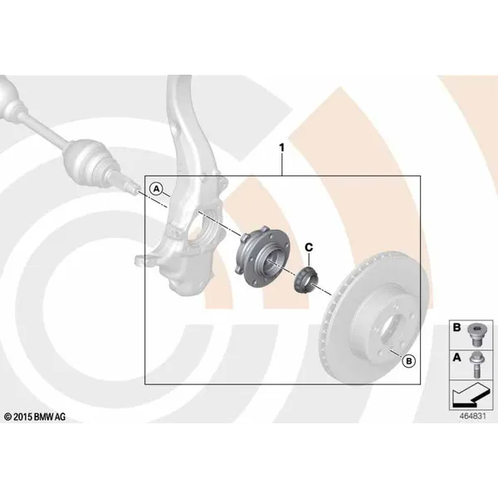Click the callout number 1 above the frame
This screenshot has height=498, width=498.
[281, 148]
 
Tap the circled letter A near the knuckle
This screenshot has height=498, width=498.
[156, 189]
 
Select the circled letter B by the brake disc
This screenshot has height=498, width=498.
[408, 361]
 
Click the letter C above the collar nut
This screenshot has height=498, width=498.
[309, 247]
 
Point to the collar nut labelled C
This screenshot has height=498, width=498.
[305, 281]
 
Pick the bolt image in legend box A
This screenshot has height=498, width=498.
[476, 364]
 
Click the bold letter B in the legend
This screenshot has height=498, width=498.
[456, 327]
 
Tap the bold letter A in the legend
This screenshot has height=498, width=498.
[456, 357]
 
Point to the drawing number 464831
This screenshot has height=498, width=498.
[472, 416]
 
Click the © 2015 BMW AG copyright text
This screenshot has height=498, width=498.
[35, 417]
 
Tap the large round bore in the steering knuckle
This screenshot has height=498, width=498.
[201, 229]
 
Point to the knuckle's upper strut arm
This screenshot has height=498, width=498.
[188, 127]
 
